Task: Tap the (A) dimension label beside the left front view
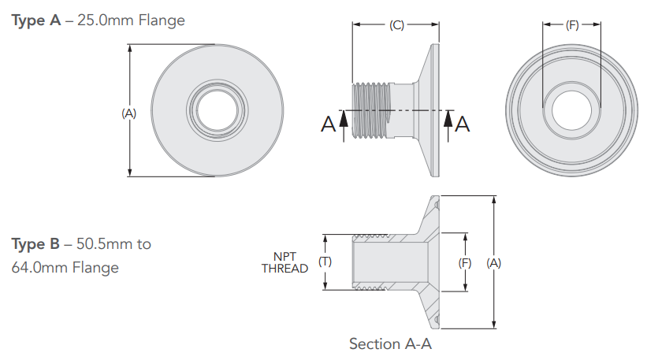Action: click(x=128, y=113)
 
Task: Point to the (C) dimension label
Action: click(x=396, y=25)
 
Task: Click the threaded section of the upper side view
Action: click(x=374, y=112)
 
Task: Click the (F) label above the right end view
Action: click(x=572, y=25)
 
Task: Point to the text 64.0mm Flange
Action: click(x=65, y=267)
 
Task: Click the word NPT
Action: click(x=284, y=256)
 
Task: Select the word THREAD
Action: click(x=284, y=268)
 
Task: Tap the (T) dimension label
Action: click(x=323, y=262)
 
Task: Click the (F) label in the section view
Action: click(x=465, y=262)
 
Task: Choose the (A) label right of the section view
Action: click(x=494, y=262)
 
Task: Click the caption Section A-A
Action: click(x=391, y=344)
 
